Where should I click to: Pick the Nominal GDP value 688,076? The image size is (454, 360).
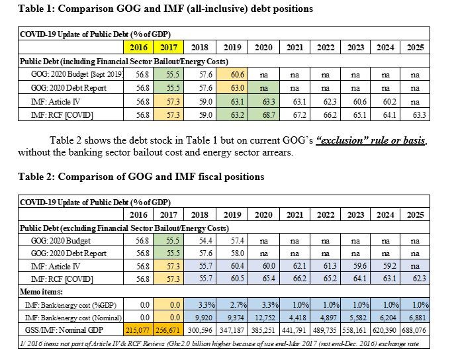click(x=416, y=329)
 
